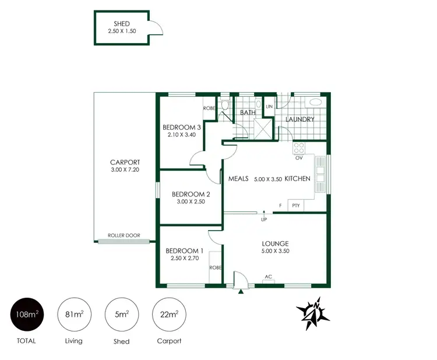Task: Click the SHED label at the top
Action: coord(121,24)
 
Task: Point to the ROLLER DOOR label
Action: coord(124,236)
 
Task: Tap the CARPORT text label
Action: coord(125,163)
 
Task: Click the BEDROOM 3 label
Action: coord(181,128)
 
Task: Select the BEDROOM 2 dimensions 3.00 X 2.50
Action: coord(191,202)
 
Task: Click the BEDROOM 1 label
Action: coord(184,250)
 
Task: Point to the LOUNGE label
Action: coord(276,243)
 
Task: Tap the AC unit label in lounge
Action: coord(269,277)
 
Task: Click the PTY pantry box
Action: coord(296,205)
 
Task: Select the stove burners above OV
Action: coord(299,147)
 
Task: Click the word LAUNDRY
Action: coord(299,119)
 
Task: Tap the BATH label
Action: coord(248,112)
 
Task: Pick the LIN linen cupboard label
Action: coord(269,107)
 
